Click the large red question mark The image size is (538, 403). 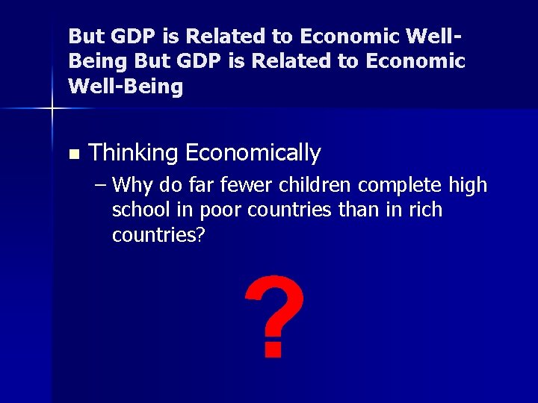(x=274, y=315)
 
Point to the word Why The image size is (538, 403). (x=135, y=185)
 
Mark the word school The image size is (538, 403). (x=138, y=210)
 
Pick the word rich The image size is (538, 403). (x=424, y=210)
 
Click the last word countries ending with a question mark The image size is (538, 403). (x=158, y=236)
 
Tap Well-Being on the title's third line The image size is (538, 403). (x=126, y=87)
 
